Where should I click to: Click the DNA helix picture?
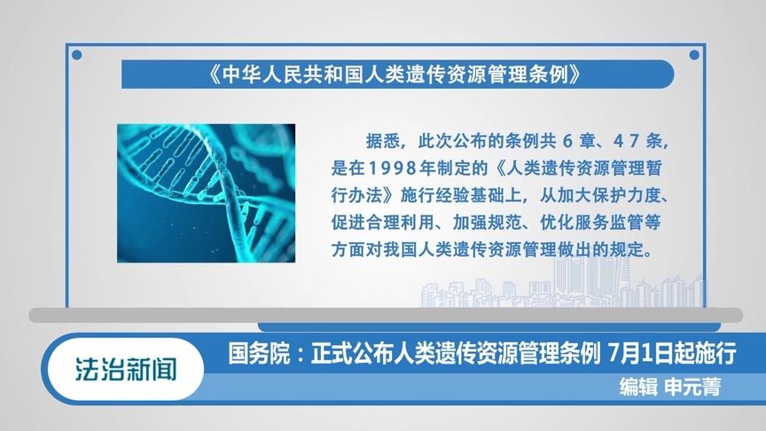pyautogui.click(x=206, y=192)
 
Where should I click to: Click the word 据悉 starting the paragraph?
pyautogui.click(x=379, y=142)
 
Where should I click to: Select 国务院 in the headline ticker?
pyautogui.click(x=255, y=356)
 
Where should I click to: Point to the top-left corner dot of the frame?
pyautogui.click(x=76, y=55)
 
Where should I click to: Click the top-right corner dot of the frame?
pyautogui.click(x=691, y=55)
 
